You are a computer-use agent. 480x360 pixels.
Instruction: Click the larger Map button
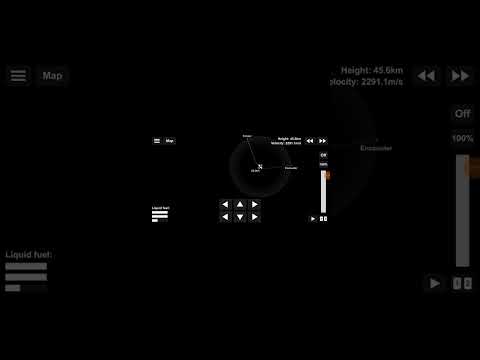pyautogui.click(x=52, y=75)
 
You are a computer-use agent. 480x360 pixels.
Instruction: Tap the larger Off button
pyautogui.click(x=462, y=114)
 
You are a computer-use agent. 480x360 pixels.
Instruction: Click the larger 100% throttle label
pyautogui.click(x=462, y=138)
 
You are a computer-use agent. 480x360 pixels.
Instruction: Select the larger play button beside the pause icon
pyautogui.click(x=434, y=283)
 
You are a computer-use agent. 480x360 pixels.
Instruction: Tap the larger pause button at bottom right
pyautogui.click(x=461, y=283)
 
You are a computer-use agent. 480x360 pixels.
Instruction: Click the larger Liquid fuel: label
pyautogui.click(x=29, y=255)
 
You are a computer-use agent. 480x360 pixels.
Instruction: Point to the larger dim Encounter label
pyautogui.click(x=376, y=148)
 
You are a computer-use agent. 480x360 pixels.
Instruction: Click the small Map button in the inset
pyautogui.click(x=169, y=141)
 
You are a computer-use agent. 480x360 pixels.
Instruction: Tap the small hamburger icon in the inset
pyautogui.click(x=157, y=141)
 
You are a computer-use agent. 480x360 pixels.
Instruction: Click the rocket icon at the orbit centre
pyautogui.click(x=259, y=167)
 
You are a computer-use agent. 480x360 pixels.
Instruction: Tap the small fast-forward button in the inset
pyautogui.click(x=323, y=141)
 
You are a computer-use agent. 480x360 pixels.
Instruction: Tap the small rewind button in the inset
pyautogui.click(x=310, y=141)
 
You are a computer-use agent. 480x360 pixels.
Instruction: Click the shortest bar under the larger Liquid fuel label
pyautogui.click(x=13, y=288)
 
